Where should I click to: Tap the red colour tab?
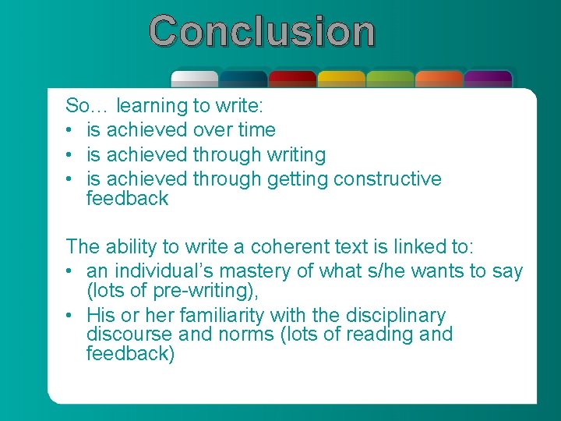point(292,78)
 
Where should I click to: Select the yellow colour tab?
point(341,78)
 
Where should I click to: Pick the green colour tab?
point(390,78)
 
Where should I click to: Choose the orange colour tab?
point(439,78)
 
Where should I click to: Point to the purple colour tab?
point(488,78)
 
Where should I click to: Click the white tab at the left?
point(195,78)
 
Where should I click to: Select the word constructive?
point(387,179)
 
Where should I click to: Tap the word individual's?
point(151,271)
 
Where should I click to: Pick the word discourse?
point(130,335)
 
